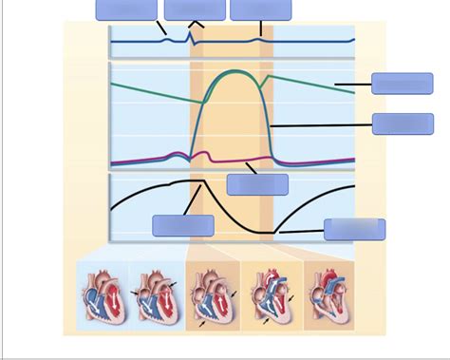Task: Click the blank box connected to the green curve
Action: click(x=403, y=83)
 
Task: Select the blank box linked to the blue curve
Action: click(x=403, y=123)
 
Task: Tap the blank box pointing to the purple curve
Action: click(x=257, y=184)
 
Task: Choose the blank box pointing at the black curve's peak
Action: click(x=182, y=225)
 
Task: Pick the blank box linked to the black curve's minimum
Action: click(x=354, y=229)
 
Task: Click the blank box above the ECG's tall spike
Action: click(x=195, y=9)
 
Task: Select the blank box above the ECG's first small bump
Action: click(x=126, y=9)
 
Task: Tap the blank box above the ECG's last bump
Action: click(x=261, y=9)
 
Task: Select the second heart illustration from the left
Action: click(x=154, y=295)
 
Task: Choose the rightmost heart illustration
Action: click(x=328, y=295)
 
